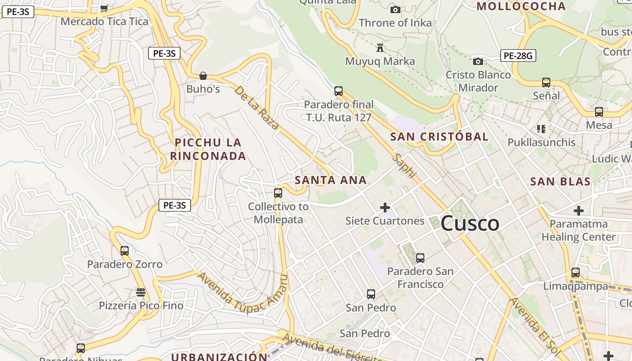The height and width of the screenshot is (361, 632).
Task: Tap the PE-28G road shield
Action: [x=518, y=56]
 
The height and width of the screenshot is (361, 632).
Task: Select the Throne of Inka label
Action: [x=395, y=23]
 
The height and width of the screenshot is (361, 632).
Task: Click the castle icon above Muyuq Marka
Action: [x=380, y=47]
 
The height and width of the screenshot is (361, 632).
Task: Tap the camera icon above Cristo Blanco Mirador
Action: [x=478, y=61]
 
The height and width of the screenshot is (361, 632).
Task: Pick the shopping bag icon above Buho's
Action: [x=203, y=75]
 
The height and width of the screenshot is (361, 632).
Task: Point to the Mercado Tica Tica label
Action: [x=104, y=21]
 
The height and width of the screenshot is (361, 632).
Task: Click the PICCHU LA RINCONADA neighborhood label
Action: [x=208, y=149]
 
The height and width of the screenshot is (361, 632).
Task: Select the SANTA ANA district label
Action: [x=330, y=180]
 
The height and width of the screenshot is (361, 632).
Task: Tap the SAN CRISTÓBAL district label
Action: [x=439, y=137]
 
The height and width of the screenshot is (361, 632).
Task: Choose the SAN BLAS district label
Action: [x=560, y=181]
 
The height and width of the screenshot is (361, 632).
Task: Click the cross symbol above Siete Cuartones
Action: [x=385, y=208]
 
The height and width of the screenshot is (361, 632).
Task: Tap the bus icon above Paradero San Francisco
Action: [x=420, y=258]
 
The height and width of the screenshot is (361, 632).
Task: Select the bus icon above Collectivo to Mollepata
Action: [x=278, y=193]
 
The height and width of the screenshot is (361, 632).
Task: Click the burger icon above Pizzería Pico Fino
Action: [x=141, y=292]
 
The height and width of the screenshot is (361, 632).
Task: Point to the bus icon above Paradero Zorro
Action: [x=125, y=250]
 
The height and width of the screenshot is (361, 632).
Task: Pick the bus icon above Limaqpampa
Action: [x=576, y=273]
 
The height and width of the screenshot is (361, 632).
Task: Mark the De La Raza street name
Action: [x=257, y=107]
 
